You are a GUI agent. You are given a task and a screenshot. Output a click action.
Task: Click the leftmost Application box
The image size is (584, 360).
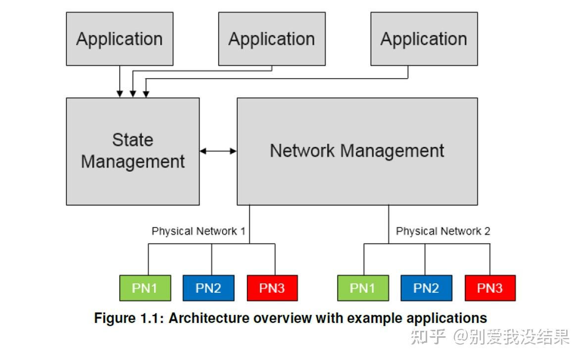[x=120, y=39]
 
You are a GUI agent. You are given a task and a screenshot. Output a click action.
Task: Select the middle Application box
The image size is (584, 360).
[x=272, y=39]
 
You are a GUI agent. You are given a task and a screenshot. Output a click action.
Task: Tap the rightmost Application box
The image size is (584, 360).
[x=424, y=39]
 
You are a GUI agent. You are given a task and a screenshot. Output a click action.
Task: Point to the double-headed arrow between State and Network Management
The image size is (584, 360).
[x=218, y=151]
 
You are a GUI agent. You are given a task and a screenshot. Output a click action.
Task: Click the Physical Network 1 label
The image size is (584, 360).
[x=198, y=231]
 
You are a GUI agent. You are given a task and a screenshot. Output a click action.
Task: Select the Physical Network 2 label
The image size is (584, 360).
[x=443, y=231]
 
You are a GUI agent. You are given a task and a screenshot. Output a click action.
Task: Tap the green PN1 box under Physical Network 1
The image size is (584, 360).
[x=145, y=288]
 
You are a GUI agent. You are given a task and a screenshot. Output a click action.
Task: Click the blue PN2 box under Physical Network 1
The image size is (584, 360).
[x=208, y=288]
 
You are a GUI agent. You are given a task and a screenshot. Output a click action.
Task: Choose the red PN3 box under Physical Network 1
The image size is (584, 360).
[x=272, y=288]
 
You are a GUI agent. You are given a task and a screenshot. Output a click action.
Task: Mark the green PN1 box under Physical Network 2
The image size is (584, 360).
[x=363, y=288]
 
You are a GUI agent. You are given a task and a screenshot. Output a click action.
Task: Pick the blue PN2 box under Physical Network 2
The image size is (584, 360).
[x=426, y=288]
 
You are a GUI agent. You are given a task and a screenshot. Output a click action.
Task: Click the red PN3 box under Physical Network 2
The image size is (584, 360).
[x=490, y=288]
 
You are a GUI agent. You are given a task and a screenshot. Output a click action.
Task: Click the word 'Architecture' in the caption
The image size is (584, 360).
[x=209, y=317]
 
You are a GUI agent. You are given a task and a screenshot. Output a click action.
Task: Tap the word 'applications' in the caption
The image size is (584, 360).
[x=450, y=317]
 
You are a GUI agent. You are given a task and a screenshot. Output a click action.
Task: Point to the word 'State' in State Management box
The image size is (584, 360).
[x=133, y=140]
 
